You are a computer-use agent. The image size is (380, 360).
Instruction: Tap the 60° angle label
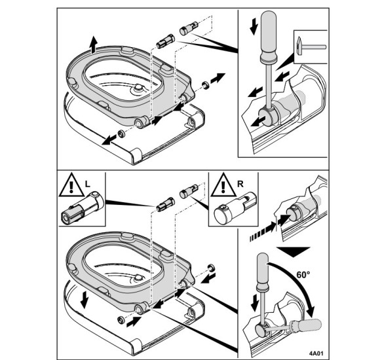point(303,275)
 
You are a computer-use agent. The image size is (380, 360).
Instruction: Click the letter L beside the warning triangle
point(88,184)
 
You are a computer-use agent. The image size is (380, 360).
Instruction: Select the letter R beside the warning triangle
point(240,184)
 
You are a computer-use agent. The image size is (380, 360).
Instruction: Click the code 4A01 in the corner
point(316,353)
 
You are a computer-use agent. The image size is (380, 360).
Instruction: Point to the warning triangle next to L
point(71,185)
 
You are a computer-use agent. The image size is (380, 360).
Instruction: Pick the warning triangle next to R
point(223,185)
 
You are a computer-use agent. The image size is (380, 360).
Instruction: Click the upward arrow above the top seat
point(93,45)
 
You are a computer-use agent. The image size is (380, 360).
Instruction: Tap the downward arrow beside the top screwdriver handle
point(254,27)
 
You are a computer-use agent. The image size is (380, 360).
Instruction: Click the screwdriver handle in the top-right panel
point(268,36)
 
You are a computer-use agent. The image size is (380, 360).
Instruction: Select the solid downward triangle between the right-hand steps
point(294,252)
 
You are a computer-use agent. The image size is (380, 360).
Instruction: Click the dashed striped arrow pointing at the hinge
point(263,232)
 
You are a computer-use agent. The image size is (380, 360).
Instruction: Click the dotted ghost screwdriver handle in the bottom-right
point(306,325)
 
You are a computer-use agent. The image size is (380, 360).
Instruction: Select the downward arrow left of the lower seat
point(84,300)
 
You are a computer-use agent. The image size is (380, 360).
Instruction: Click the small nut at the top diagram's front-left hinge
point(121,134)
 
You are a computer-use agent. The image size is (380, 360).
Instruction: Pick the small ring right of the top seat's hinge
point(206,85)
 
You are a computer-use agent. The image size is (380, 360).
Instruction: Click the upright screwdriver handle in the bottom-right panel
point(263,272)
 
